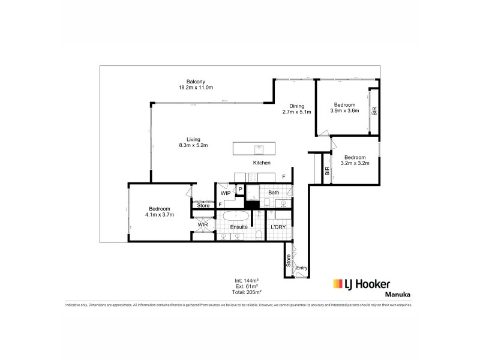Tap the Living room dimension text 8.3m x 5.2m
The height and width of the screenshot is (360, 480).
tap(194, 145)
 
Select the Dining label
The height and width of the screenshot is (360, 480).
tap(296, 106)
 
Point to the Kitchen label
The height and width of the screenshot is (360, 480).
tap(262, 163)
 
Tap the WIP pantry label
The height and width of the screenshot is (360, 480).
tap(226, 193)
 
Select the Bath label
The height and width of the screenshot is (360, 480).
tap(274, 193)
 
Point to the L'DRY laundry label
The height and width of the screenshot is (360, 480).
tap(278, 227)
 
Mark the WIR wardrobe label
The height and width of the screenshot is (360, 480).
tap(203, 225)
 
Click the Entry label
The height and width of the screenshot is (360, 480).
tap(302, 268)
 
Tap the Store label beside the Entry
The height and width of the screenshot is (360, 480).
tap(289, 262)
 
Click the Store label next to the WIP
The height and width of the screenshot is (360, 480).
tap(203, 205)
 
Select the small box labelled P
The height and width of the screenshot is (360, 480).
tap(240, 190)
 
